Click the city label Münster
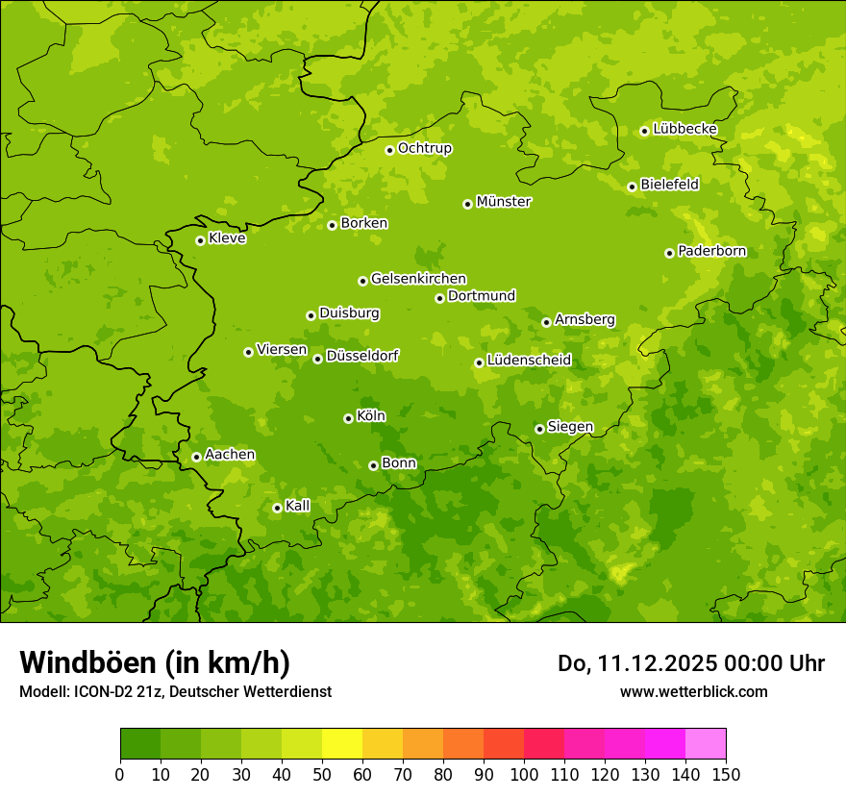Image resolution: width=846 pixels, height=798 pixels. coord(504,202)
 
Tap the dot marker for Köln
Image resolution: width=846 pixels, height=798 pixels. coord(348,418)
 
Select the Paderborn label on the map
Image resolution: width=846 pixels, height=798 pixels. coord(711,251)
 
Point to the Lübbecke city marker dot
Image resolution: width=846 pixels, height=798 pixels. coord(644,131)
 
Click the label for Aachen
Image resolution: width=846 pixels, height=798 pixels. coord(230,455)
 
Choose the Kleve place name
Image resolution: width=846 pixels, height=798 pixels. coord(227,238)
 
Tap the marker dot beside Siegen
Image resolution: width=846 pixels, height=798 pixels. coord(539,429)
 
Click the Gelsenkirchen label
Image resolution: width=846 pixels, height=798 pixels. coord(418,279)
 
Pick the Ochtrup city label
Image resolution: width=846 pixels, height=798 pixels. coord(425,148)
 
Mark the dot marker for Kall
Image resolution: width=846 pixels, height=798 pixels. coord(277,508)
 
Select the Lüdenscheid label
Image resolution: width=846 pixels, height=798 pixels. coord(529,361)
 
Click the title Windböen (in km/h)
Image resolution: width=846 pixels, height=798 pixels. coord(155,662)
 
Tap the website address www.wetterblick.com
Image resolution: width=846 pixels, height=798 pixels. coord(693,691)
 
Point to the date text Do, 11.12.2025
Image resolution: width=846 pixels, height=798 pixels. coord(635,663)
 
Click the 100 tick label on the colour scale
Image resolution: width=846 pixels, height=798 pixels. coord(524,775)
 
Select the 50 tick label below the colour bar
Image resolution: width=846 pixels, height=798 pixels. coord(322,775)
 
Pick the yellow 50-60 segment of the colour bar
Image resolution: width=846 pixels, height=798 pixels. coord(342,744)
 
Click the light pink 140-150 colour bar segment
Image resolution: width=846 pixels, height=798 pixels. coord(706,744)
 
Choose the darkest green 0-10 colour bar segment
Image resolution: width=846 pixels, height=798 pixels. coord(140,744)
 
